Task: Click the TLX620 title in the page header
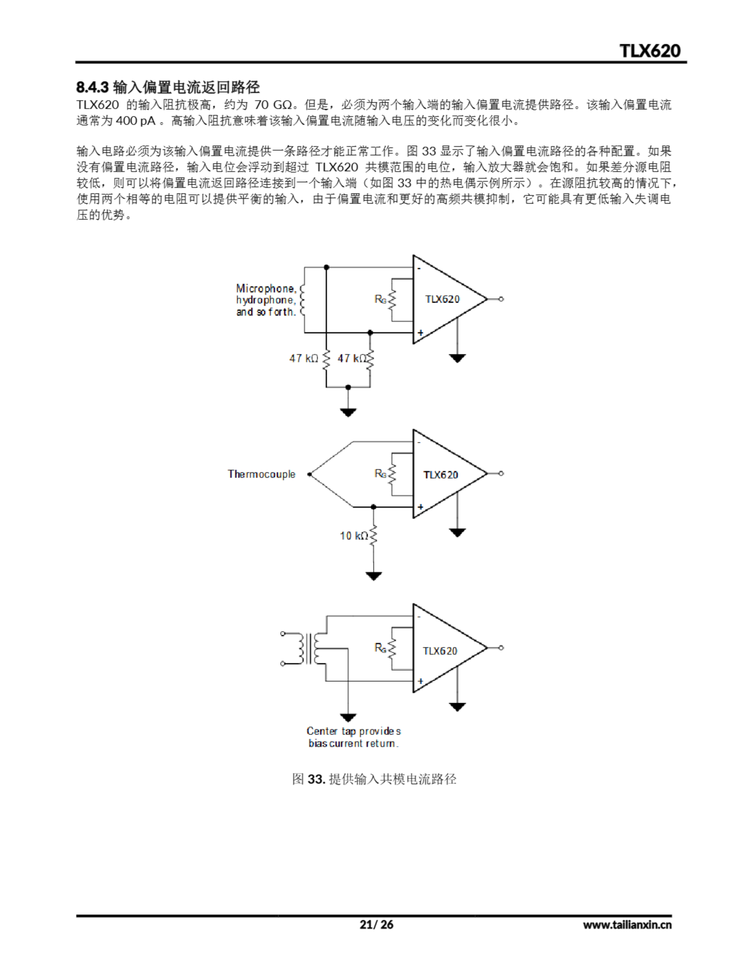point(650,51)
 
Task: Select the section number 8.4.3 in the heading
point(92,87)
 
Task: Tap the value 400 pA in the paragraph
point(135,121)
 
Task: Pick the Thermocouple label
point(261,474)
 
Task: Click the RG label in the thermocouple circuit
point(380,474)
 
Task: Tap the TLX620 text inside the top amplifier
point(442,299)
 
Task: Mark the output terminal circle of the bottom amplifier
point(501,648)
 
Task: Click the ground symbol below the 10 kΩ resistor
point(374,576)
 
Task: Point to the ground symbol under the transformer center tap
point(348,717)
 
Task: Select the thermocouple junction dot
point(309,474)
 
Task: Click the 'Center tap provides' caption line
point(353,731)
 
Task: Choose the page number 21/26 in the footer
point(376,925)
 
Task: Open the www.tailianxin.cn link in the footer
point(627,925)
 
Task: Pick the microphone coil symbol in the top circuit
point(303,300)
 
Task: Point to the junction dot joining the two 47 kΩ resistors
point(348,387)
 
